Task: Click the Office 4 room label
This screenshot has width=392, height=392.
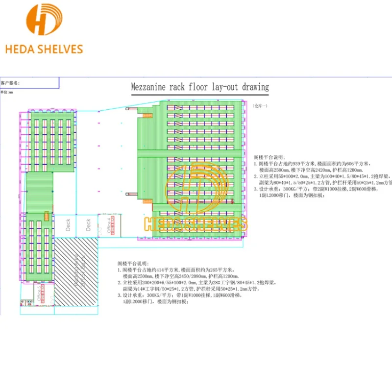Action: (x=102, y=226)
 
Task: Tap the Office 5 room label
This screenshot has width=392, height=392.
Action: (x=38, y=292)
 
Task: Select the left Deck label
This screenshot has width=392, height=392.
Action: (x=69, y=225)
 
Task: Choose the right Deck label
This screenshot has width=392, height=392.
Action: (x=89, y=225)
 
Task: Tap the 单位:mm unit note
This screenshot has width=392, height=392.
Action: (x=7, y=92)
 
